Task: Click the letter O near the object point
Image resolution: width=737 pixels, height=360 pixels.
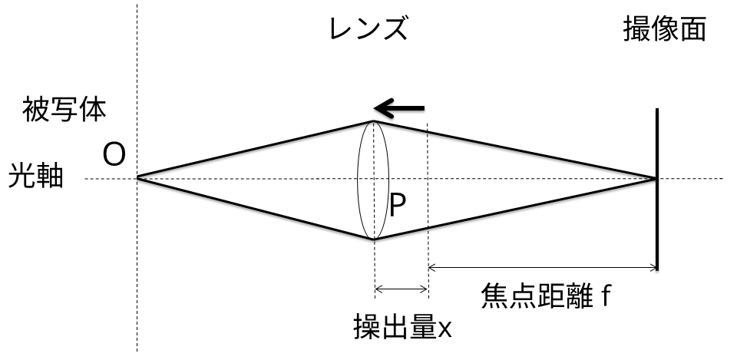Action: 114,156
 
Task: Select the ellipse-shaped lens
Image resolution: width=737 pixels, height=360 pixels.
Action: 374,180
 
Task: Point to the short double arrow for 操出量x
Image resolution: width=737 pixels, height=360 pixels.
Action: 401,289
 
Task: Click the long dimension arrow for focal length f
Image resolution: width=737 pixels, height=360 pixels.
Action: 542,268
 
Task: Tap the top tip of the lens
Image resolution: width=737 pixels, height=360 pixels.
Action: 374,121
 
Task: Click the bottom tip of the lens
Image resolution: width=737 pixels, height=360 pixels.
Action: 374,239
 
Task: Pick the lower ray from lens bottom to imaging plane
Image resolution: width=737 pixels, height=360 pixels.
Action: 514,209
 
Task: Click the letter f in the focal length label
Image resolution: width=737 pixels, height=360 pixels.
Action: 606,294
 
